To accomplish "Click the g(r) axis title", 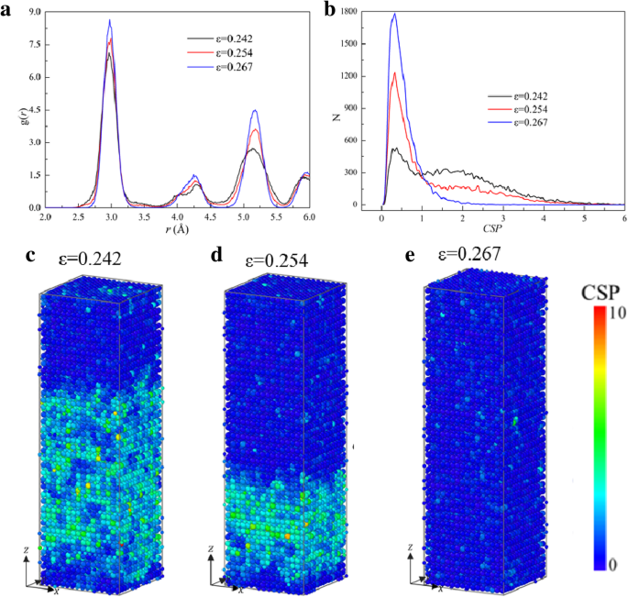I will click(x=9, y=110).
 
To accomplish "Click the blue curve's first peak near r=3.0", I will click(x=110, y=20).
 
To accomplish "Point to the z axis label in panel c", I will click(x=31, y=548).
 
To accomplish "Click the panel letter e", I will click(x=398, y=254).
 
